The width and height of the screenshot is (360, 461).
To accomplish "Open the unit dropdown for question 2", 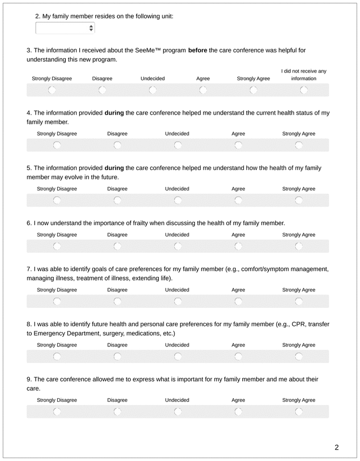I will (65, 28).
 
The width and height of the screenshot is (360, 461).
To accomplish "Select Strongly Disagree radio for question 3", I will (52, 90).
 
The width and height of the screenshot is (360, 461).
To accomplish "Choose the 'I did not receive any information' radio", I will (304, 90).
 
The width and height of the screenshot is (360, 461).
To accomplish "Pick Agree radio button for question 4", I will (238, 145).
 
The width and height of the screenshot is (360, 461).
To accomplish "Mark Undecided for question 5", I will (177, 200).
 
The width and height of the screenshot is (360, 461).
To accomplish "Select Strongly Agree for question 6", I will (299, 247).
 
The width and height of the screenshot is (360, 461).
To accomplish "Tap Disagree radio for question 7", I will (117, 302).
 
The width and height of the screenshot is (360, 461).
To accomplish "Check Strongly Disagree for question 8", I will (57, 357).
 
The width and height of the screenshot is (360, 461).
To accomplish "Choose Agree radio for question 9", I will (238, 412).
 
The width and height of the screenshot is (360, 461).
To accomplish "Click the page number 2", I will (336, 447).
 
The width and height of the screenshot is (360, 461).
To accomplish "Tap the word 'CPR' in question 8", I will (299, 324).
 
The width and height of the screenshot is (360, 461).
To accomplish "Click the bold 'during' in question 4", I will (114, 113).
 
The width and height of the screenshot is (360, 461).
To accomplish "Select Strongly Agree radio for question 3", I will (254, 90).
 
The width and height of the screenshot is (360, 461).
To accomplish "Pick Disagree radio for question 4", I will (117, 145).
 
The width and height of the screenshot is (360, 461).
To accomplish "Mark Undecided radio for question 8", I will (177, 357).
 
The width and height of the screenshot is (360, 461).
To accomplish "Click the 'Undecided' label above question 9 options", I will (177, 400).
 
